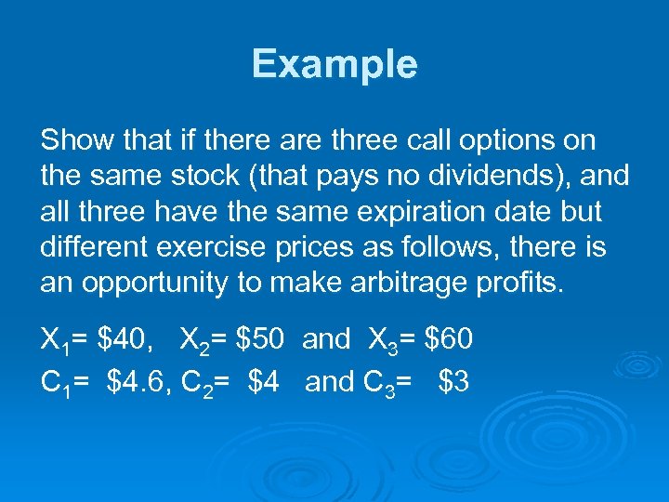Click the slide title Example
[334, 65]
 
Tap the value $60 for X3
[449, 340]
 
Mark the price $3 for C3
[453, 380]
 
